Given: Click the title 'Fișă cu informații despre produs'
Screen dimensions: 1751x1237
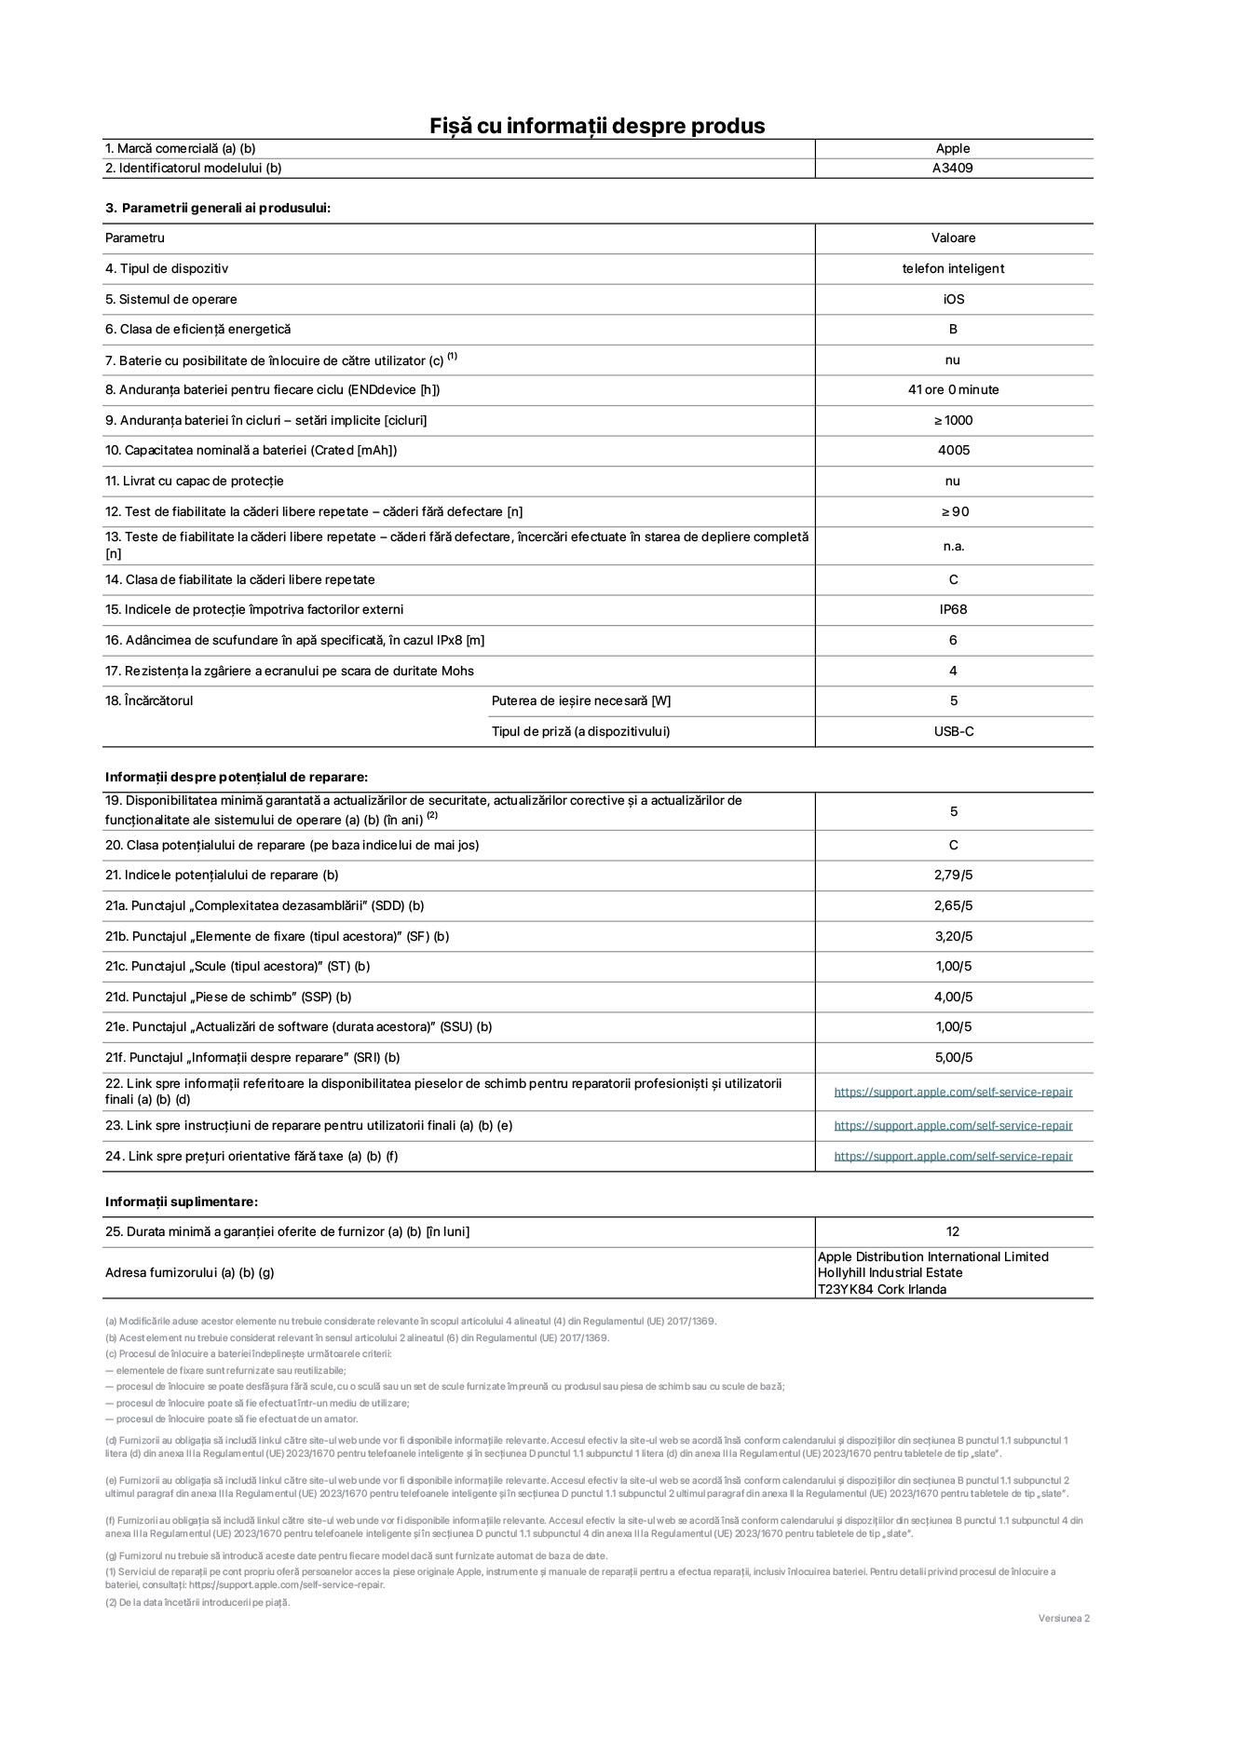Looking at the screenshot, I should [x=597, y=126].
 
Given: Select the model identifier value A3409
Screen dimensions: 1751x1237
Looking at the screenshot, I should [x=953, y=169].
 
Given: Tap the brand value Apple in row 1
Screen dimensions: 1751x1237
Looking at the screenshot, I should [x=953, y=148].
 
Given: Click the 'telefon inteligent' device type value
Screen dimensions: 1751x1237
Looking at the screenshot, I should [x=953, y=269].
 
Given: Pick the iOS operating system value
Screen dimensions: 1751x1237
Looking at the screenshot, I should [x=953, y=300].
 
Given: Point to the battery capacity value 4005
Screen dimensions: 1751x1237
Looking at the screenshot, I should [x=953, y=451].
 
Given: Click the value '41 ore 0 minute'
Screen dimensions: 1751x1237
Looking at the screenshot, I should [x=953, y=390].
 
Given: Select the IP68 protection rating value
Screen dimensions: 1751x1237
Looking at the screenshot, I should [x=953, y=610].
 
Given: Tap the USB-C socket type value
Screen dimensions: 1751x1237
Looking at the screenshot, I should [x=953, y=732].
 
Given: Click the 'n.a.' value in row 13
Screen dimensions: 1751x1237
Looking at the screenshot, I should [x=953, y=547].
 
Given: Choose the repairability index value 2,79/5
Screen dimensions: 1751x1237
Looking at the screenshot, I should [x=953, y=875].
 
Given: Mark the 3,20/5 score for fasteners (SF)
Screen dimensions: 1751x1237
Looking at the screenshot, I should [x=953, y=937].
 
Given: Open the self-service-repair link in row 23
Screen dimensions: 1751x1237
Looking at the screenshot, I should [x=953, y=1126].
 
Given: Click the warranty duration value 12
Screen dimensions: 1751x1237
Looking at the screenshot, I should [x=953, y=1232].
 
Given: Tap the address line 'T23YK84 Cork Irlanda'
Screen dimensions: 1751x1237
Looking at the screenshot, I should [x=881, y=1290].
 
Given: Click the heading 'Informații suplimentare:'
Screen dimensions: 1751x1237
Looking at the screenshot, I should [x=182, y=1202].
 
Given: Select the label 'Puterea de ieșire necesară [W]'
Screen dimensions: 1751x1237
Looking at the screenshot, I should [x=581, y=701].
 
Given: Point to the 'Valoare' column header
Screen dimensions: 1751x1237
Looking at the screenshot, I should [x=953, y=238].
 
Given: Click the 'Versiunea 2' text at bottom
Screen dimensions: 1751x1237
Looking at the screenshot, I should [x=1064, y=1618].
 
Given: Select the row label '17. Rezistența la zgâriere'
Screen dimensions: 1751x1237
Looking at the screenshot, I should [x=290, y=672].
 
